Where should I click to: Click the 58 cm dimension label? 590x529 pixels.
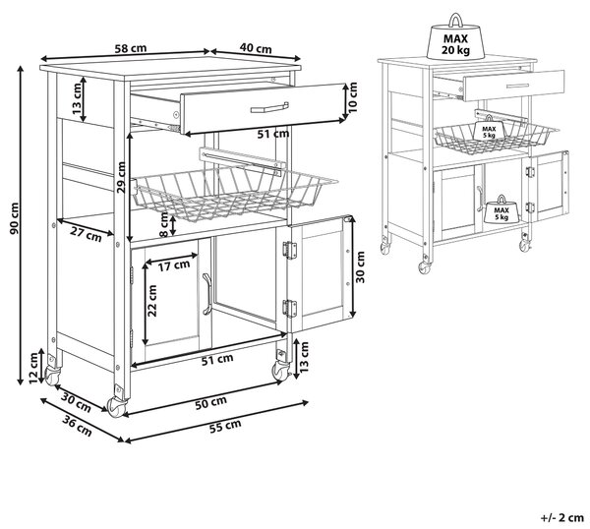coord(130,48)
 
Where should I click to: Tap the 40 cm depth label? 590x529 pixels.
coord(256,48)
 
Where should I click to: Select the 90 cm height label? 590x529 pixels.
coord(14,218)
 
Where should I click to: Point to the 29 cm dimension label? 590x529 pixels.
coord(121,177)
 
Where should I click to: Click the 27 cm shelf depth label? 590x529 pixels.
coord(86,235)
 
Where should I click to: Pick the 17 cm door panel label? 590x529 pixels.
coord(174,266)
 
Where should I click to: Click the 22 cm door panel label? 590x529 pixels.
coord(152,301)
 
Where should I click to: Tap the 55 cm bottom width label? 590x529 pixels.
coord(225,426)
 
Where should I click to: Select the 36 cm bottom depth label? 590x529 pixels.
coord(77,426)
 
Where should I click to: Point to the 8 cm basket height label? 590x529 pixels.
coord(163,224)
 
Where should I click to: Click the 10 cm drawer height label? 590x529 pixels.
coord(353,97)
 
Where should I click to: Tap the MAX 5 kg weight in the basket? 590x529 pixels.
coord(489,129)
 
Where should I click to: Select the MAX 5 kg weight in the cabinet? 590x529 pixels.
coord(501,210)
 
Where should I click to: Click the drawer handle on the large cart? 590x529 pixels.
coord(269,107)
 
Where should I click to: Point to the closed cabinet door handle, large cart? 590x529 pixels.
coord(206,294)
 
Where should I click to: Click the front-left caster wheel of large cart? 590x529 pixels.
coord(117,407)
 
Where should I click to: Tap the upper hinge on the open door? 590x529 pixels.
coord(290,250)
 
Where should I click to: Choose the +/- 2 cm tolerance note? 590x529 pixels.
coord(562,518)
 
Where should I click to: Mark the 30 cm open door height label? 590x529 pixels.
coord(360,267)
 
